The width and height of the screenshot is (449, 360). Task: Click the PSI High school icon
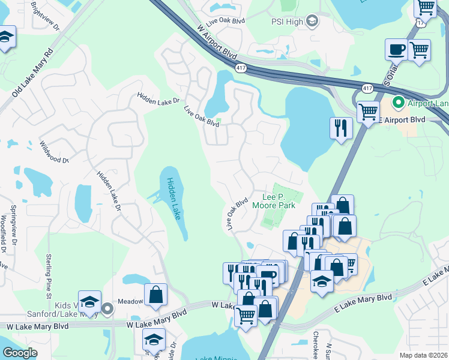311,22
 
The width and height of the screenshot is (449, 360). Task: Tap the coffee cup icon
396,50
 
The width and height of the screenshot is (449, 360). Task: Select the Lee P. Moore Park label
279,201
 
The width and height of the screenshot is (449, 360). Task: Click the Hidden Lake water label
173,199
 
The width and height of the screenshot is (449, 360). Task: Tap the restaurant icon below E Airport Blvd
340,128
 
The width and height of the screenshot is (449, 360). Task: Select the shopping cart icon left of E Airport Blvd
367,111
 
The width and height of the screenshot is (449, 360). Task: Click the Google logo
20,353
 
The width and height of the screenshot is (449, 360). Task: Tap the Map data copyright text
423,355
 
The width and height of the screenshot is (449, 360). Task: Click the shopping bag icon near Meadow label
155,295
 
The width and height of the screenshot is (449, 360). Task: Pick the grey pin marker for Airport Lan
397,103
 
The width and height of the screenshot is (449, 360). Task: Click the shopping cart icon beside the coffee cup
419,50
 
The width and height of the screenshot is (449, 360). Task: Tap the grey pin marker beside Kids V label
107,309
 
